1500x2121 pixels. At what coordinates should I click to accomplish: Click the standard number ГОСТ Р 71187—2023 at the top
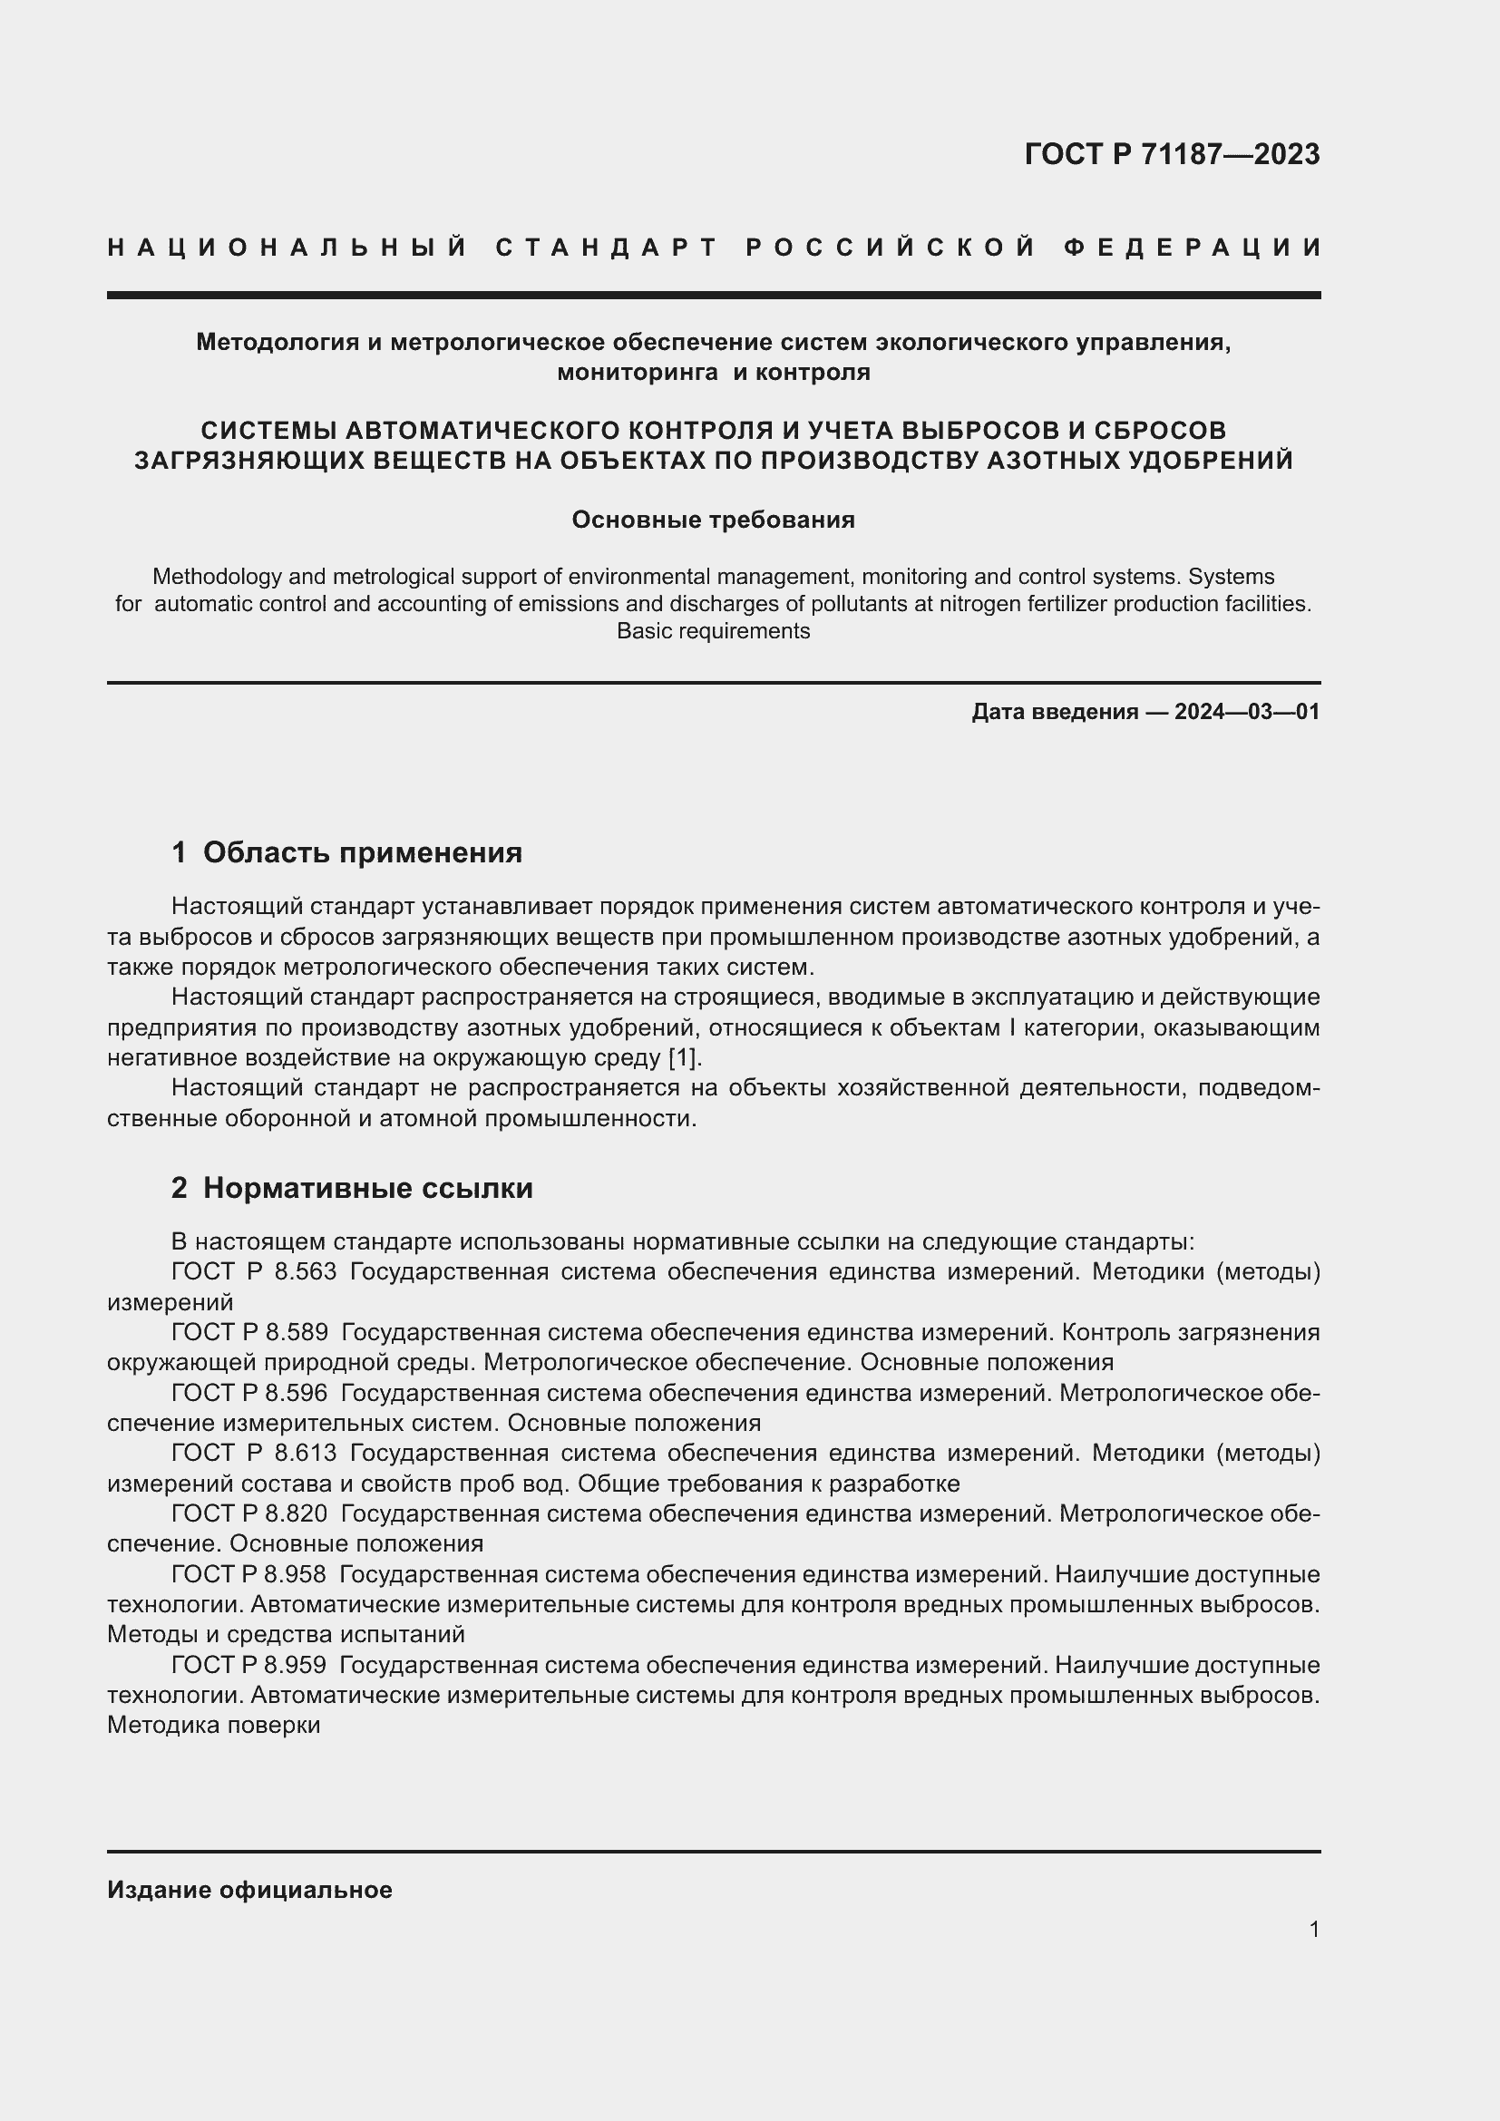(1171, 154)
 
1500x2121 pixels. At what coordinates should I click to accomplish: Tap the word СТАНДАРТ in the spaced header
(607, 248)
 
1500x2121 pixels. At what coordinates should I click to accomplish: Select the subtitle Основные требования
(713, 521)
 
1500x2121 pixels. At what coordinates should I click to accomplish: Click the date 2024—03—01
(1247, 712)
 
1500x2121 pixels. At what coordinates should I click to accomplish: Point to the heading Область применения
(362, 852)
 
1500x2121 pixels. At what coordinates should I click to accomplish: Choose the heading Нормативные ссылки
(367, 1188)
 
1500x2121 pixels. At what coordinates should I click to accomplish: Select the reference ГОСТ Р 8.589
(249, 1333)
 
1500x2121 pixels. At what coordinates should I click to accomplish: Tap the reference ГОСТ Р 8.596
(249, 1393)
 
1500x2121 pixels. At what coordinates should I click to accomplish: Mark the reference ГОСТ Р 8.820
(249, 1514)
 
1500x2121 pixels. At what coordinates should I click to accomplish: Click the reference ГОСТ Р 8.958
(249, 1574)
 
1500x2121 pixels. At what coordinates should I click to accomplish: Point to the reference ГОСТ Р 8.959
(249, 1666)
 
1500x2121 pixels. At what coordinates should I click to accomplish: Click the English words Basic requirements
(713, 632)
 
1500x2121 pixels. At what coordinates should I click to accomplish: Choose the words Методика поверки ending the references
(213, 1726)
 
